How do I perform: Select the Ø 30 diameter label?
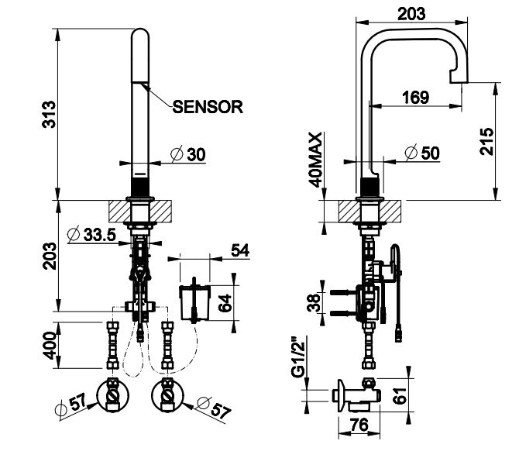coord(187,155)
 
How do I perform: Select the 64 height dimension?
coord(225,301)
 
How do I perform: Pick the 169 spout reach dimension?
coord(415,98)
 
